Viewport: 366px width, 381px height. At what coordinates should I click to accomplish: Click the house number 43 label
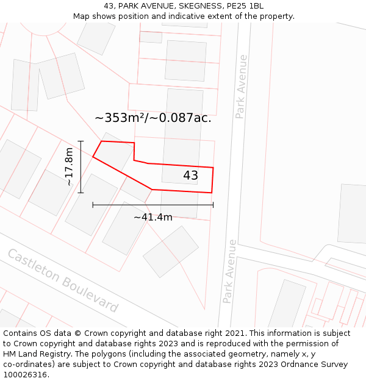point(190,176)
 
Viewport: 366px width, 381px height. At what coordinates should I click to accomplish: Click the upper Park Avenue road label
point(241,87)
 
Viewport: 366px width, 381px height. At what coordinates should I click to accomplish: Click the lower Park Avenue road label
point(229,271)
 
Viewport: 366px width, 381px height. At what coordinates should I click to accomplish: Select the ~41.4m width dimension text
point(152,217)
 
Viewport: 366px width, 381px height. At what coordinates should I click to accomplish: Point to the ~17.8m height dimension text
point(69,166)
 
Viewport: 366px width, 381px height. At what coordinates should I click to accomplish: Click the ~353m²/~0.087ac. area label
point(153,118)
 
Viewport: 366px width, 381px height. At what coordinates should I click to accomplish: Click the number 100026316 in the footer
point(26,375)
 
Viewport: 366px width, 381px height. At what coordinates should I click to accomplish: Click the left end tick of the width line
point(93,205)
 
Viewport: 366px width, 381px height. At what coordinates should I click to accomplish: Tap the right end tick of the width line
point(213,205)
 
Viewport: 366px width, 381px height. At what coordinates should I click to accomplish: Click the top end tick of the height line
point(81,141)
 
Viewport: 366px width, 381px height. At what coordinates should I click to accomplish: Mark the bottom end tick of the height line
point(81,193)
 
